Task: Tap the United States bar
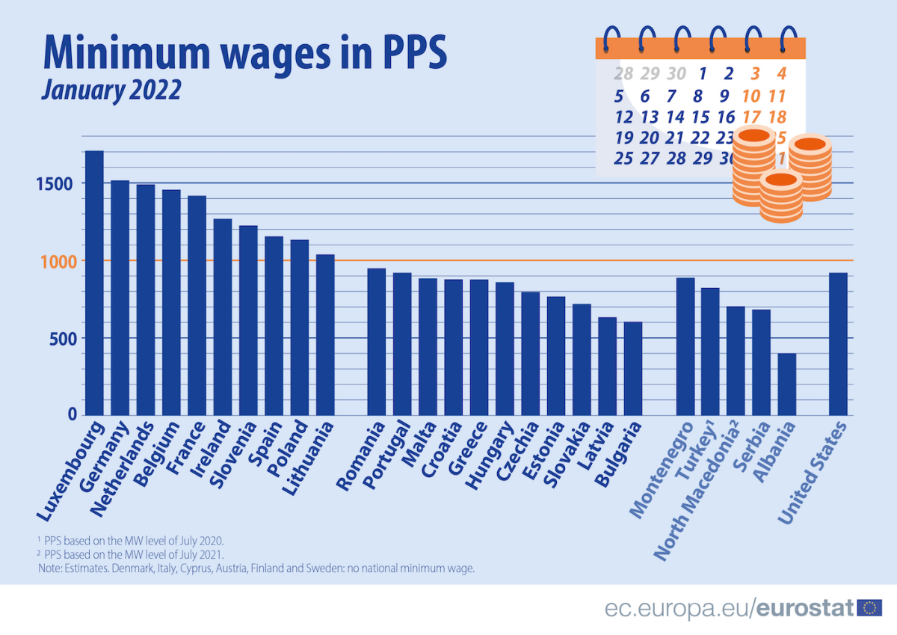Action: pyautogui.click(x=838, y=343)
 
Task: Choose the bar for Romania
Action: pyautogui.click(x=376, y=341)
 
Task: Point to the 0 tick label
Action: pyautogui.click(x=71, y=414)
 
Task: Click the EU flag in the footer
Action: pyautogui.click(x=869, y=608)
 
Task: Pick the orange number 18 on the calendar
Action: pyautogui.click(x=777, y=117)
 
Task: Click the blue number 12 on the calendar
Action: pyautogui.click(x=623, y=117)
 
